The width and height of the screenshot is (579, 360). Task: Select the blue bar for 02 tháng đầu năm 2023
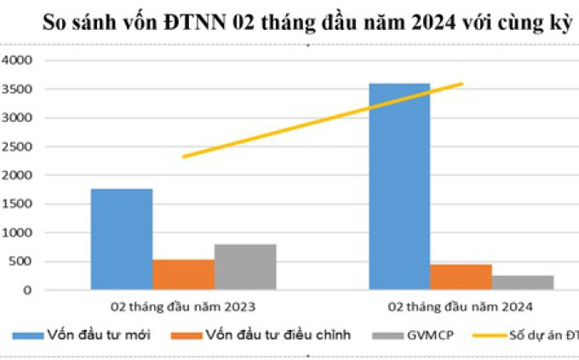pyautogui.click(x=122, y=239)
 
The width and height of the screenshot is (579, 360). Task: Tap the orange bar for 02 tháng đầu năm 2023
pyautogui.click(x=183, y=274)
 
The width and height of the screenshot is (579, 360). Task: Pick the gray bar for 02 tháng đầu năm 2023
pyautogui.click(x=245, y=267)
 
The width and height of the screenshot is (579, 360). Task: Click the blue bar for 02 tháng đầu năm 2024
pyautogui.click(x=398, y=186)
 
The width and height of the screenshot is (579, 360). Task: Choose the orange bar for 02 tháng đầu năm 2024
pyautogui.click(x=461, y=277)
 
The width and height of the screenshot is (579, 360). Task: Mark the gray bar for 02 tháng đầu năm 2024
pyautogui.click(x=522, y=282)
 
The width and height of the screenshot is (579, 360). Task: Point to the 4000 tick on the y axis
pyautogui.click(x=17, y=60)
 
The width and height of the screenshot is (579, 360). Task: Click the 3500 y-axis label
pyautogui.click(x=17, y=89)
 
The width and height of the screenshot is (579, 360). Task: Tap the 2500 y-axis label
pyautogui.click(x=17, y=146)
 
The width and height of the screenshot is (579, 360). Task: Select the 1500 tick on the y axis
pyautogui.click(x=17, y=204)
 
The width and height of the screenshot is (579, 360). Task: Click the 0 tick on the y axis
pyautogui.click(x=27, y=290)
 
